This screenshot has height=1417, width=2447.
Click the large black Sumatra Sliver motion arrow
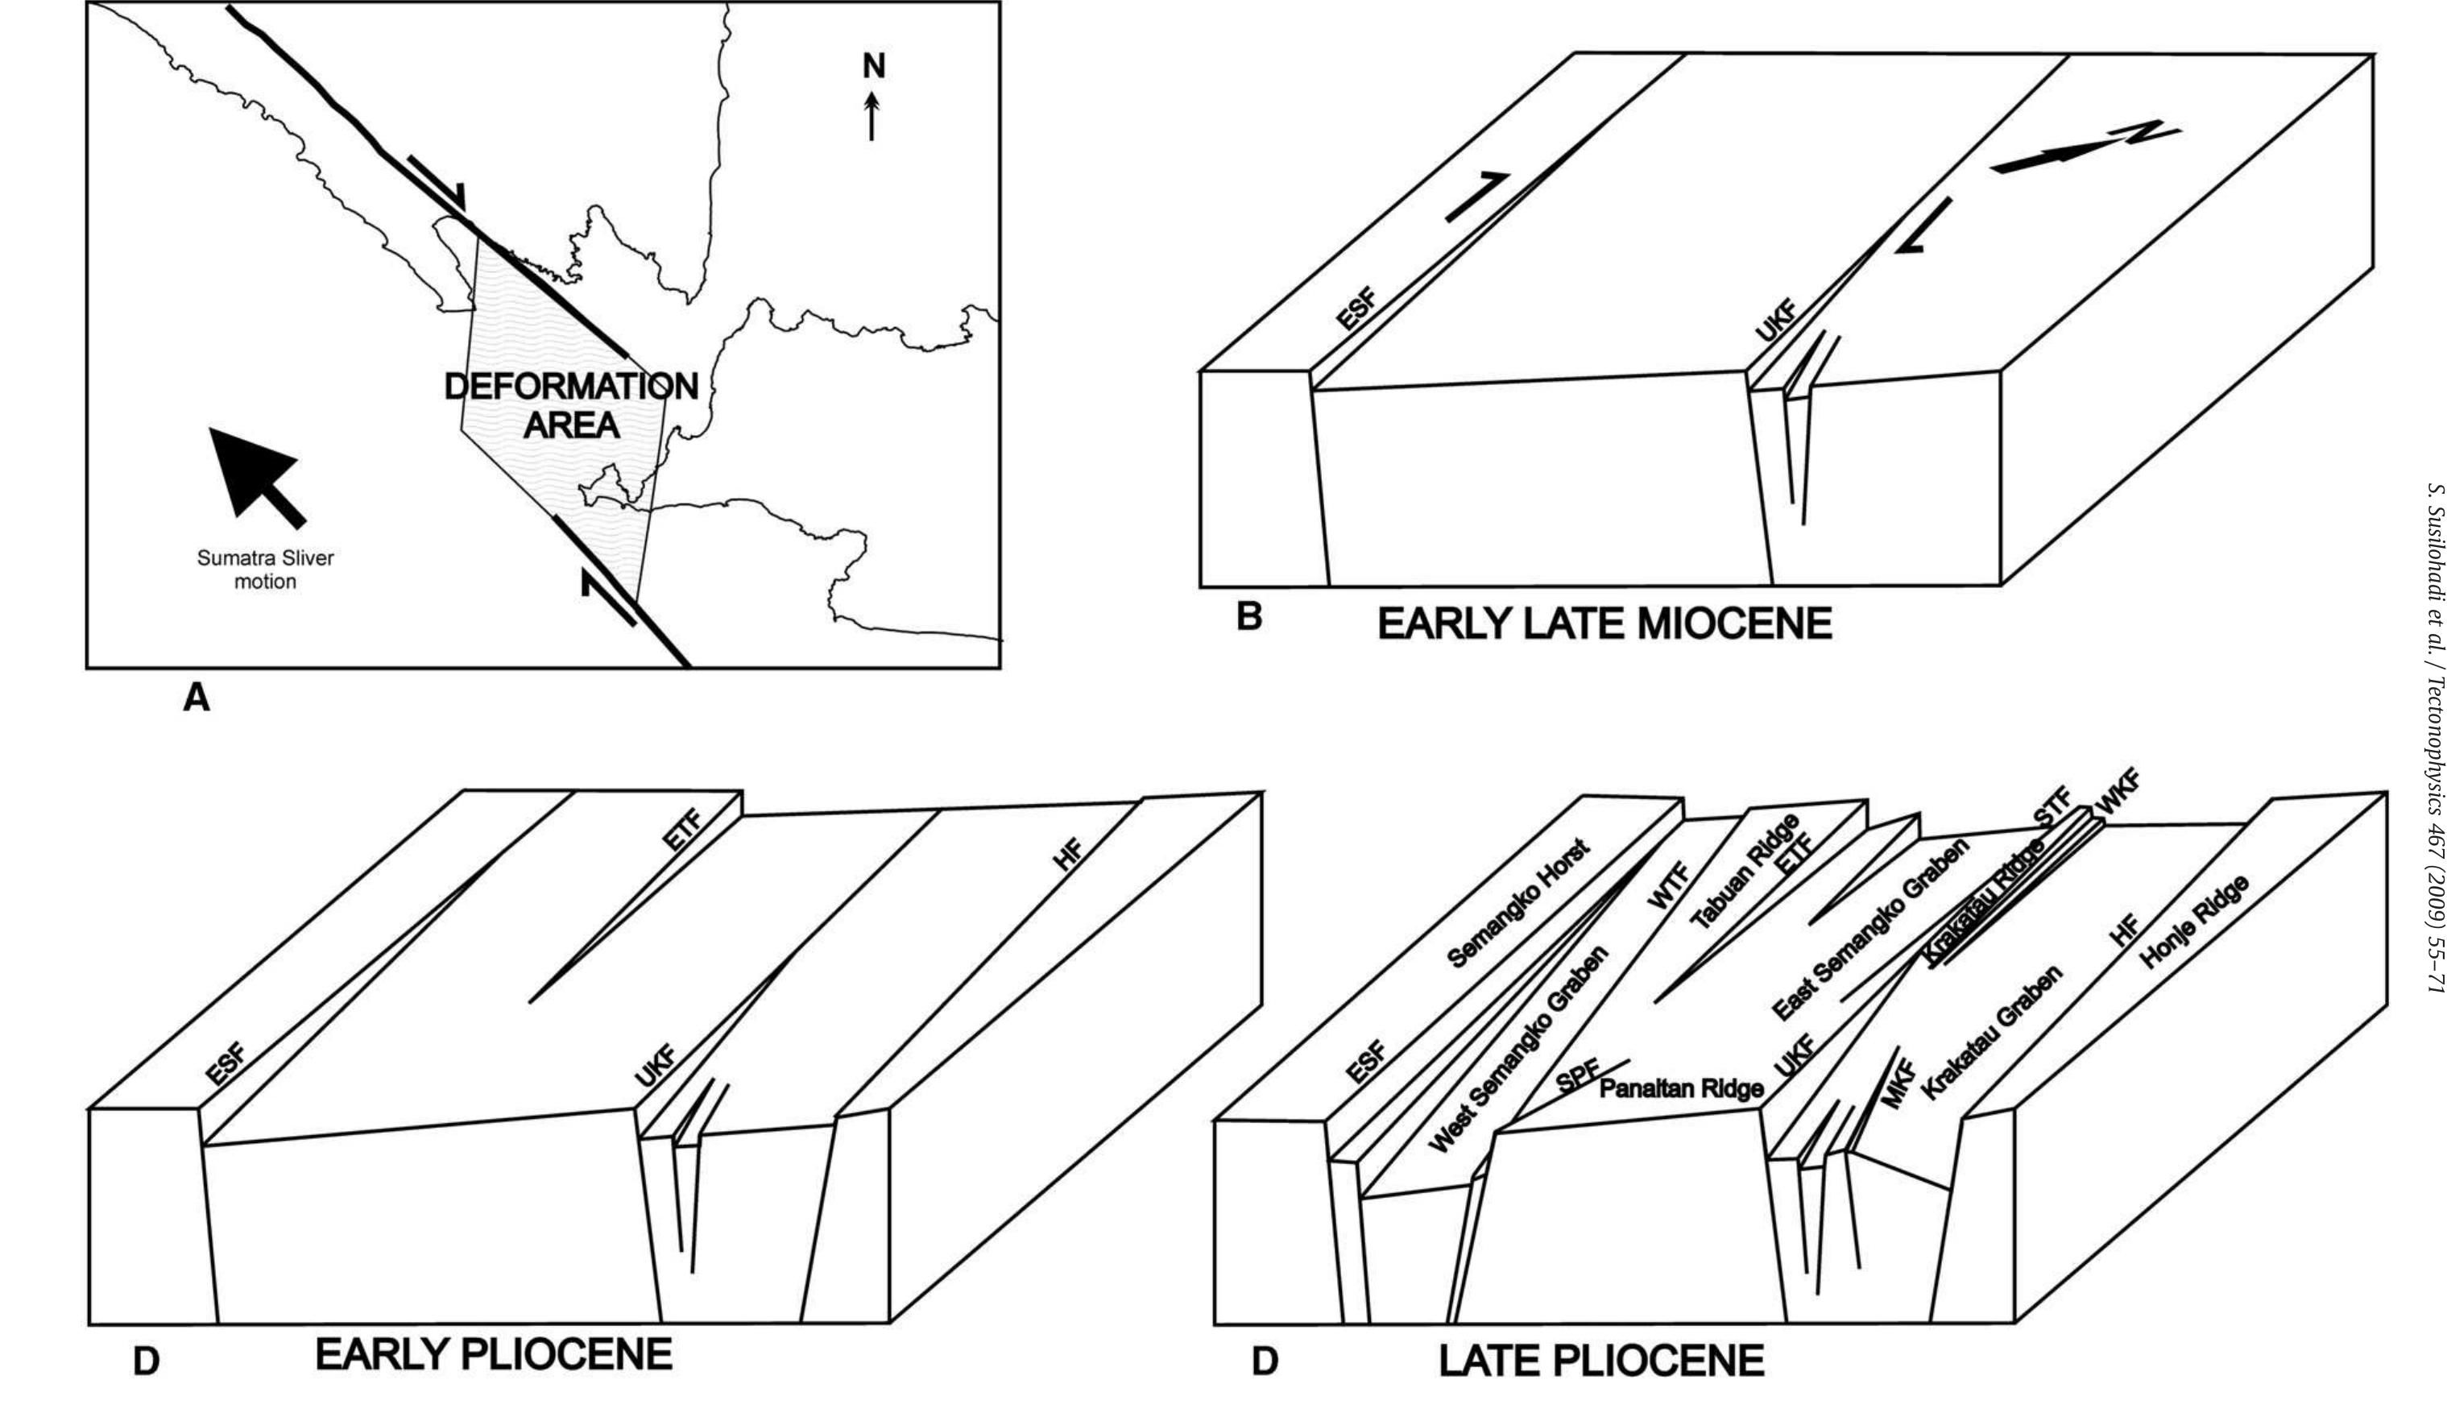(255, 473)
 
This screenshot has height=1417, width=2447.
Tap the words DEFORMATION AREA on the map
(571, 405)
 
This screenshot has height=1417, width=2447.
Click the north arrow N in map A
(873, 97)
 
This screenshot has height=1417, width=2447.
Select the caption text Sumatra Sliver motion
(265, 570)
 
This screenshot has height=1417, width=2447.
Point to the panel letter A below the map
(197, 698)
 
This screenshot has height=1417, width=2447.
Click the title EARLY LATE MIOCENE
(1604, 624)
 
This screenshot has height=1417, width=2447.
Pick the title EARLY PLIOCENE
(493, 1354)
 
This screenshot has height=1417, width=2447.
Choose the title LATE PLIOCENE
(1601, 1361)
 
